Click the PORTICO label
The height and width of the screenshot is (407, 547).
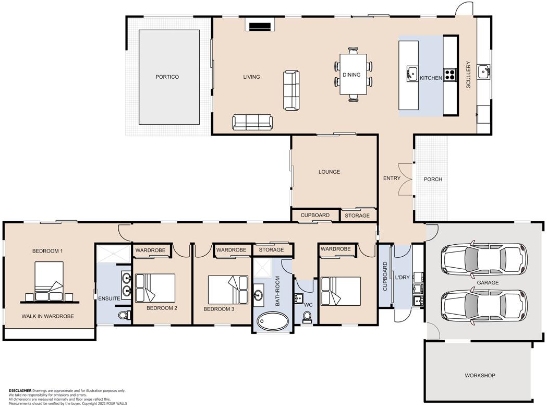tap(167, 77)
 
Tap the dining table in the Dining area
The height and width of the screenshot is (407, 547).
tap(354, 74)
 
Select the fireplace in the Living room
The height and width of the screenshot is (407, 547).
tap(260, 27)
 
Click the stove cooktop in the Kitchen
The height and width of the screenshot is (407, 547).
tap(450, 74)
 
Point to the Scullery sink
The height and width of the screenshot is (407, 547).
tap(483, 72)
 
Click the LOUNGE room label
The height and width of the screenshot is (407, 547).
tap(329, 172)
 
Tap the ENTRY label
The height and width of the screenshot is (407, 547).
tap(392, 178)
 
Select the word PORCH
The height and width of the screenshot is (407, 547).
tap(433, 179)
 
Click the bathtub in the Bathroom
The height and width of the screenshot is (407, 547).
tap(273, 320)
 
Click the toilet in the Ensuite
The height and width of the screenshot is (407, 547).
tap(124, 315)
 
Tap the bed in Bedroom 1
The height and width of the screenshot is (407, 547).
tap(49, 281)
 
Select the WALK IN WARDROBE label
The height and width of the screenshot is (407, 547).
tap(48, 316)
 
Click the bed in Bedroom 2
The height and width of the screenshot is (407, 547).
tap(155, 288)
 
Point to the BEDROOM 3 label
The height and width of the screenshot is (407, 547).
tap(218, 309)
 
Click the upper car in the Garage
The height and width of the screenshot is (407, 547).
tap(484, 259)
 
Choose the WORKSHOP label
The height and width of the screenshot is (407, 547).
tap(480, 376)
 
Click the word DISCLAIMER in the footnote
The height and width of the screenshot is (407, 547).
tap(20, 391)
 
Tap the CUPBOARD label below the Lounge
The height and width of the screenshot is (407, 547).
tap(315, 215)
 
